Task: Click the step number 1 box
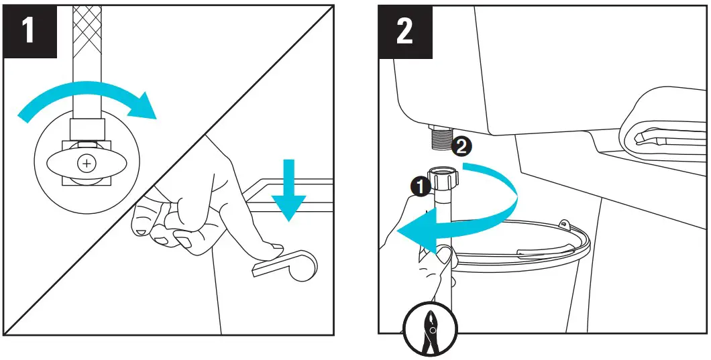click(29, 32)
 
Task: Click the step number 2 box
click(404, 32)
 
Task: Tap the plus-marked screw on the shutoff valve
click(87, 163)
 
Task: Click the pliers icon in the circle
click(429, 330)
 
